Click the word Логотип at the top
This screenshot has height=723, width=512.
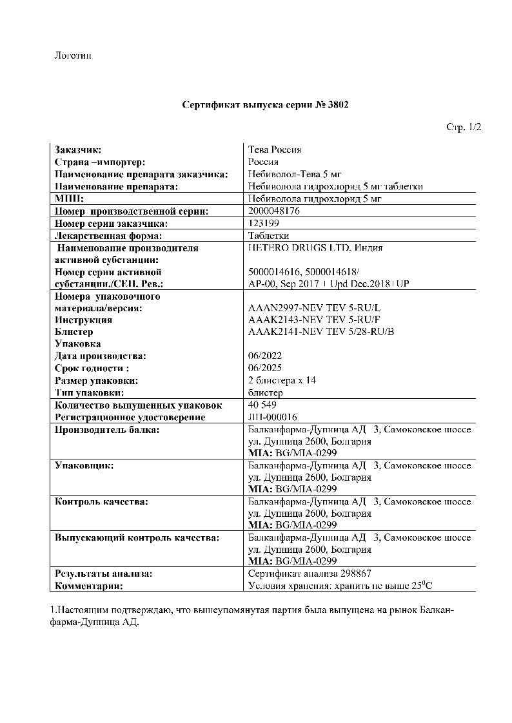tap(73, 56)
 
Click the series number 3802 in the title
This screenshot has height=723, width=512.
tap(338, 104)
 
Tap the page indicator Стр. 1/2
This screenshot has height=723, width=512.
tap(464, 128)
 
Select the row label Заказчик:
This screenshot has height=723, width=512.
tap(78, 150)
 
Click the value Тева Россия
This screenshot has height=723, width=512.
tap(275, 150)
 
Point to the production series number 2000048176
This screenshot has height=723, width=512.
tap(274, 211)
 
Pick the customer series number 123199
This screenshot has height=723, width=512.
tap(263, 223)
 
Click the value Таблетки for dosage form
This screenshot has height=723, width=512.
tap(269, 235)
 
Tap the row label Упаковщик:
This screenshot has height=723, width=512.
tap(84, 465)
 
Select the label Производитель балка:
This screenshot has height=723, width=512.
tap(107, 429)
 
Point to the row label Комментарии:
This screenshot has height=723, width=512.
tap(89, 586)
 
